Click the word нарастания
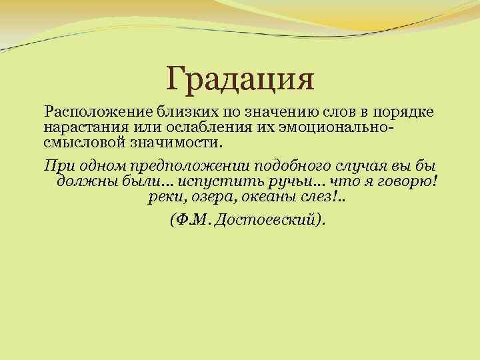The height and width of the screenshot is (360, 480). click(80, 127)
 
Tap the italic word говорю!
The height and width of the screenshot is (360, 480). click(407, 182)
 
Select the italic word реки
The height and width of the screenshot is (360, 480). click(162, 198)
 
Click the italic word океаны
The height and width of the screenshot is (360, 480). click(256, 198)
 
